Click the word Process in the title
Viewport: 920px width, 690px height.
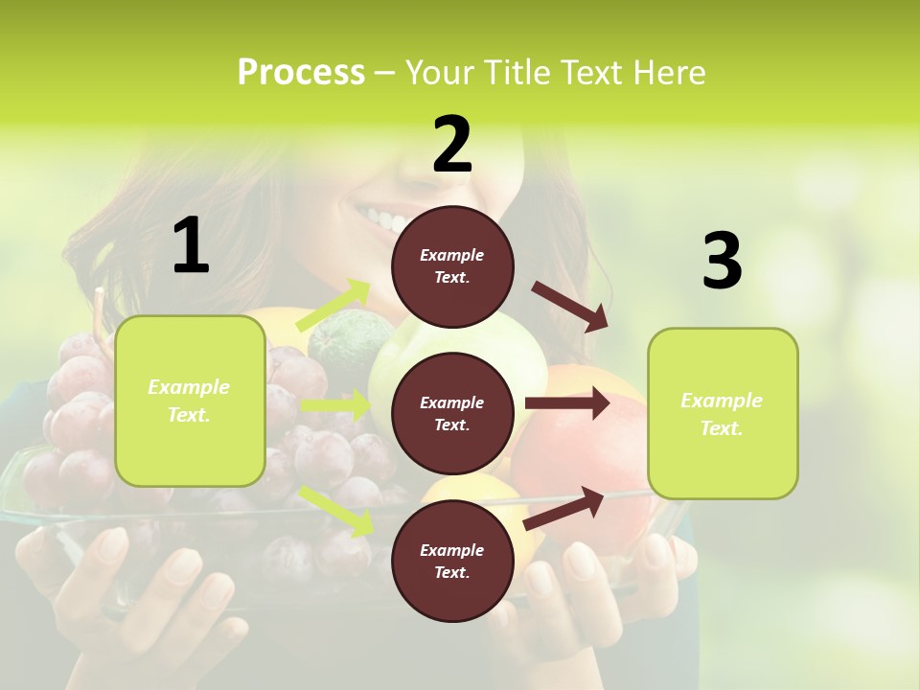[301, 72]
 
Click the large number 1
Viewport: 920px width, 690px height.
[191, 246]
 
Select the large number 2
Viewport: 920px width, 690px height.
[452, 145]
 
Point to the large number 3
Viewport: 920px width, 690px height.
[722, 262]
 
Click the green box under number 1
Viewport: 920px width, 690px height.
[190, 401]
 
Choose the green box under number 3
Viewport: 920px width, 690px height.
[723, 413]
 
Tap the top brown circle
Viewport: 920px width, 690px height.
[452, 266]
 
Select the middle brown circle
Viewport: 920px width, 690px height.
[452, 413]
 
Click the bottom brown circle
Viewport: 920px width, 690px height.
[452, 561]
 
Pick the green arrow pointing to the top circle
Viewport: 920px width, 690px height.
[334, 305]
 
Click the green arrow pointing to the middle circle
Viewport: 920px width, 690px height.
[335, 405]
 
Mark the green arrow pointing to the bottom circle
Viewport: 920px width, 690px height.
[337, 510]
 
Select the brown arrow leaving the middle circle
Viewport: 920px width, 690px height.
[566, 402]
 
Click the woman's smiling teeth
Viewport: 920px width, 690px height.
[383, 220]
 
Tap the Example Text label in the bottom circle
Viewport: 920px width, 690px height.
[452, 562]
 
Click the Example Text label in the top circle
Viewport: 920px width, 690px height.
[452, 266]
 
